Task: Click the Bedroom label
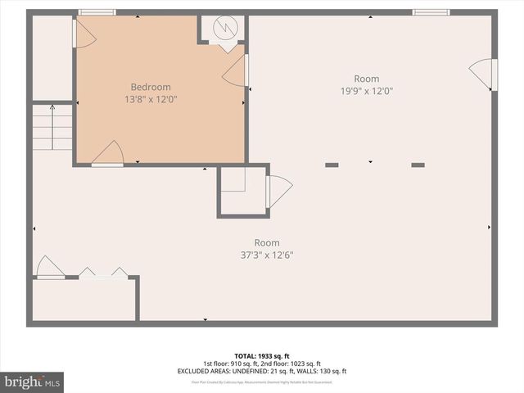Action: pos(151,87)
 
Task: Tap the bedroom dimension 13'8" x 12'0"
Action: pos(151,98)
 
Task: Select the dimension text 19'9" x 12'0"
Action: pos(368,91)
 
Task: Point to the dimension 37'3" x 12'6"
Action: pos(267,255)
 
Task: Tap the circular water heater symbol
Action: pos(223,29)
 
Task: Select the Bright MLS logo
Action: pos(33,382)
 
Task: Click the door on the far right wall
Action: pos(485,75)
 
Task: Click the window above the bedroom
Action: pos(97,11)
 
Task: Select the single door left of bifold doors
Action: pos(47,268)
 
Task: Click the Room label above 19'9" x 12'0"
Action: pos(367,79)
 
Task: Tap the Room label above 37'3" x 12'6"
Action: pos(267,242)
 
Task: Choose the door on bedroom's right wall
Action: pos(237,71)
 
